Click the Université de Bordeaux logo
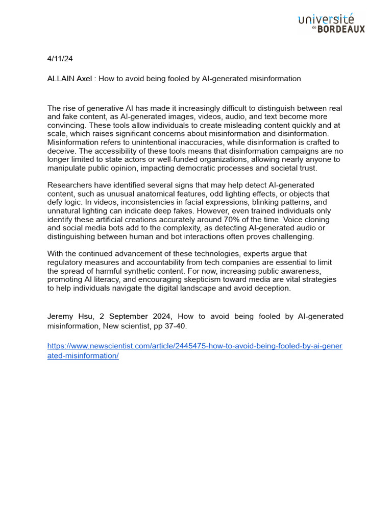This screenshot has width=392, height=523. (x=331, y=23)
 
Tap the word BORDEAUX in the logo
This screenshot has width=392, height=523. (x=341, y=30)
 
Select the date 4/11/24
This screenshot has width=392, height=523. (x=60, y=59)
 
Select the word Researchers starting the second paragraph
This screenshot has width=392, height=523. (x=68, y=185)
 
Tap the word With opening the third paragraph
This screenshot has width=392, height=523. (x=55, y=253)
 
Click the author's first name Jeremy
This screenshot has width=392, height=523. (x=60, y=317)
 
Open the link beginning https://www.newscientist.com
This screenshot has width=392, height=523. (x=194, y=346)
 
